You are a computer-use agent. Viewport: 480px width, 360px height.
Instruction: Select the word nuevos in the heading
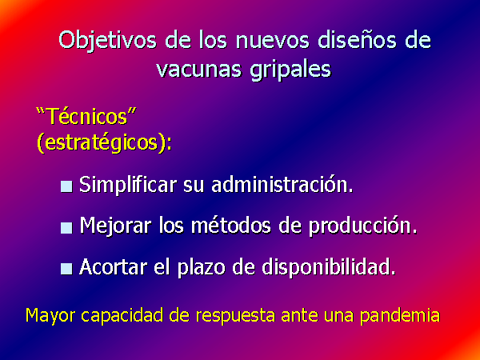tap(273, 41)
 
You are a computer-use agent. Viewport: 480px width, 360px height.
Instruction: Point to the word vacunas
tap(198, 69)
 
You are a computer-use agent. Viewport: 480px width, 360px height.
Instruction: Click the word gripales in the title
tap(290, 70)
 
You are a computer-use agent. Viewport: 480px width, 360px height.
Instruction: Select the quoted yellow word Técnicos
tap(86, 116)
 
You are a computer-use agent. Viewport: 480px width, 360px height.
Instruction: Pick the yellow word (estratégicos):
tap(104, 142)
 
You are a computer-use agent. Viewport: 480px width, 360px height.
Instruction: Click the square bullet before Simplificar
tap(66, 186)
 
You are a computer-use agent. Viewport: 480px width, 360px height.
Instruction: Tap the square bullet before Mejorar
tap(66, 227)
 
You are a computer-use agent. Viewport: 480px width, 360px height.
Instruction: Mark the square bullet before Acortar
tap(66, 269)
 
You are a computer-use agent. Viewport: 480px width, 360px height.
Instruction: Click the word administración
tap(282, 185)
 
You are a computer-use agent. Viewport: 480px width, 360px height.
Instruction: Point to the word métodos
tap(231, 226)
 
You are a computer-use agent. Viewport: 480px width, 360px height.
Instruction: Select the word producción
tap(362, 226)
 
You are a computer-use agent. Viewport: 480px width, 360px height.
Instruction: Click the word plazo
tap(202, 268)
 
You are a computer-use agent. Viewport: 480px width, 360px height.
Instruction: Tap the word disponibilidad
tap(329, 267)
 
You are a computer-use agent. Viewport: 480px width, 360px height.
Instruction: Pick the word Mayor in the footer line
tap(50, 316)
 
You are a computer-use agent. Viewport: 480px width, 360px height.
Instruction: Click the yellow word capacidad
tap(122, 315)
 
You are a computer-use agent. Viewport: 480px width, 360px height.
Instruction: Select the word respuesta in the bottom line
tap(235, 316)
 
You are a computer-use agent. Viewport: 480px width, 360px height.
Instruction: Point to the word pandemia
tap(400, 315)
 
